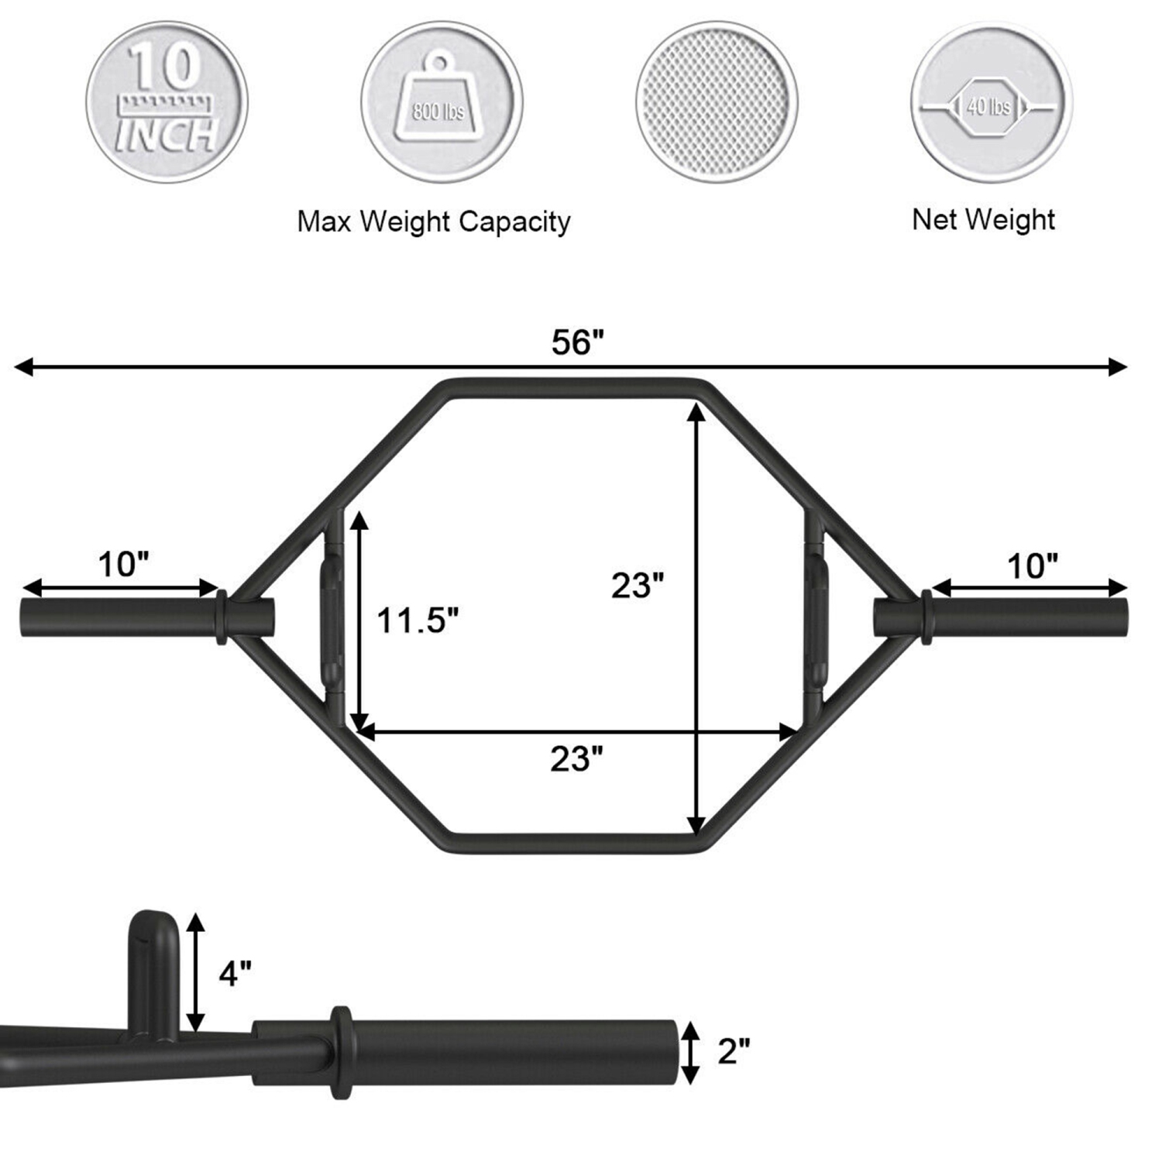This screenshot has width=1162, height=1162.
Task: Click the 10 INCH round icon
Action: click(167, 102)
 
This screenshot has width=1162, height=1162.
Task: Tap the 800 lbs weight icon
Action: click(441, 102)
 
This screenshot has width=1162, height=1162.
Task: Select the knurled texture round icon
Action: click(717, 102)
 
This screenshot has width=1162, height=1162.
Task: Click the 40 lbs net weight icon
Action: click(991, 102)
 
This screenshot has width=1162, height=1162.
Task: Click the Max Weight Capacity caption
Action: click(434, 222)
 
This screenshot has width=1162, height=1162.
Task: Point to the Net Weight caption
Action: click(983, 219)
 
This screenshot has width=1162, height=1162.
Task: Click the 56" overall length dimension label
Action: click(577, 342)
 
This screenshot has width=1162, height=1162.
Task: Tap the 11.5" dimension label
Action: click(418, 621)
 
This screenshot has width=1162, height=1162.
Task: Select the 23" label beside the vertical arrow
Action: click(638, 586)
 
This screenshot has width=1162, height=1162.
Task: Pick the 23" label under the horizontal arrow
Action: click(576, 759)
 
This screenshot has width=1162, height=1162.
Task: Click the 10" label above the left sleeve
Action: click(123, 565)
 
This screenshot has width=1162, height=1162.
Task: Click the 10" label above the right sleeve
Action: click(1032, 567)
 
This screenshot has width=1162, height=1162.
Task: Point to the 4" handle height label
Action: click(235, 973)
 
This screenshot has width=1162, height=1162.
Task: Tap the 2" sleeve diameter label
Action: click(734, 1051)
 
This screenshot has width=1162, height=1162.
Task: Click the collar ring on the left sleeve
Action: click(221, 617)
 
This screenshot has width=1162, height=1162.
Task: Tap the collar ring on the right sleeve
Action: click(926, 617)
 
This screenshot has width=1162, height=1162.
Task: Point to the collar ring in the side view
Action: click(341, 1051)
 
